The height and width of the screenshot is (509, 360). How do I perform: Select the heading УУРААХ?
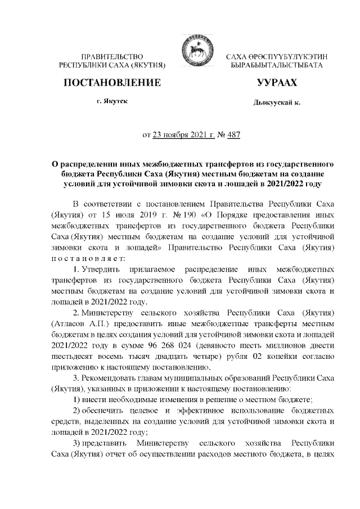(276, 84)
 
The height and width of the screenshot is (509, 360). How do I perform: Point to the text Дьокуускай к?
(277, 105)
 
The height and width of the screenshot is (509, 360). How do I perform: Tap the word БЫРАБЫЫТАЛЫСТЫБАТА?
(276, 66)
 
